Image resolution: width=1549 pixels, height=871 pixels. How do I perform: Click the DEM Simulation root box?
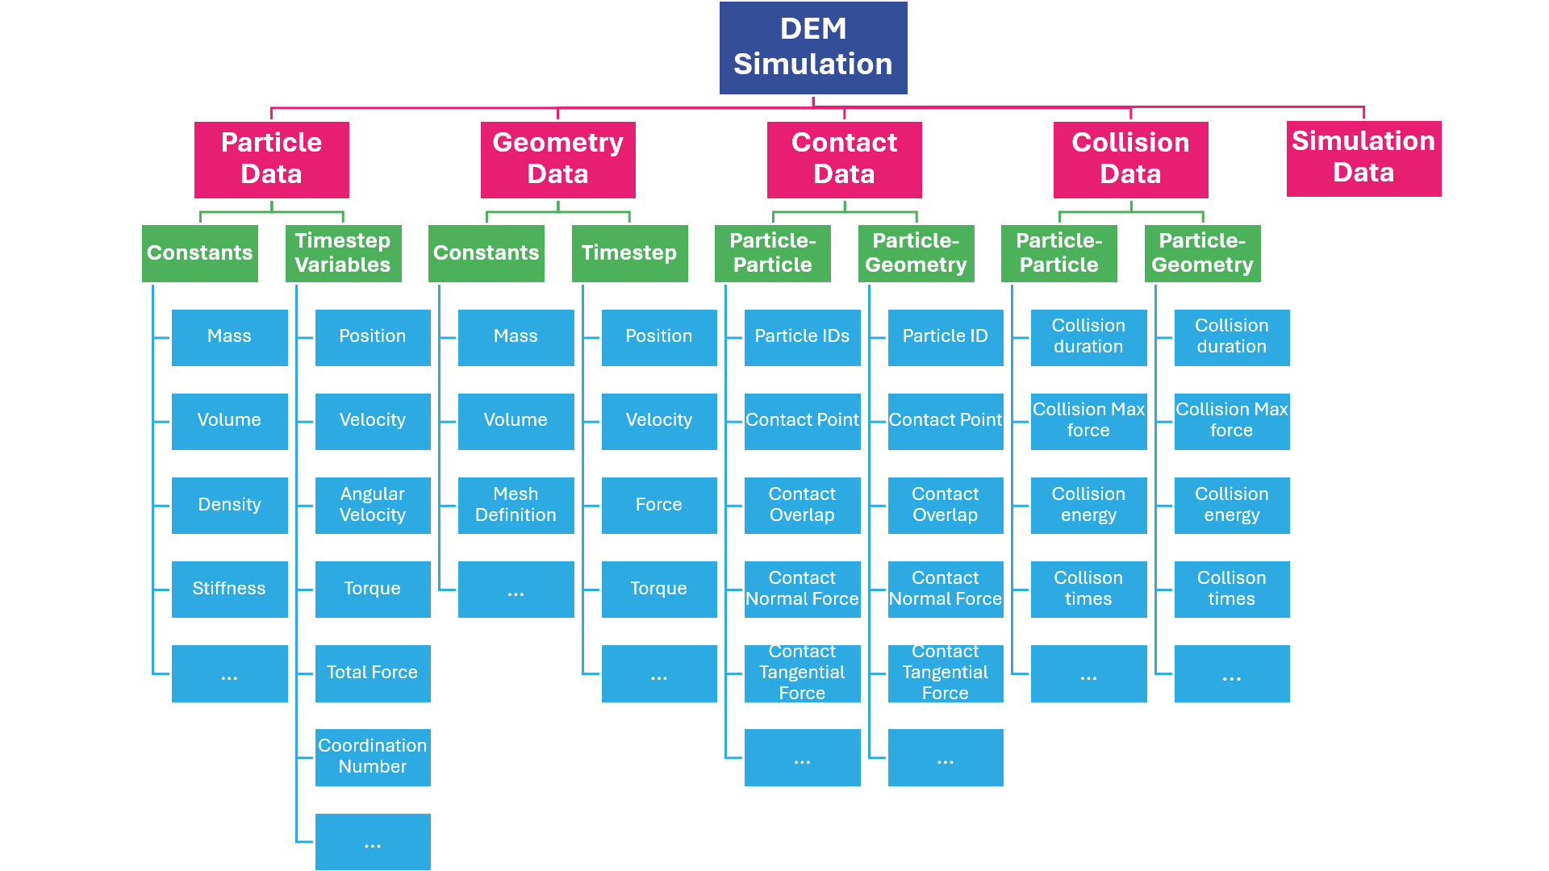813,48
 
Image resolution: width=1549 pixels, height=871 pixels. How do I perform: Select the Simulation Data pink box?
1363,158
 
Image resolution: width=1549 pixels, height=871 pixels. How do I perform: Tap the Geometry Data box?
557,159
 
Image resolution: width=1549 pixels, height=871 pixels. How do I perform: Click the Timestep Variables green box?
343,253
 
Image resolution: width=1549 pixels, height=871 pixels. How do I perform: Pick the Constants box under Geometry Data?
486,253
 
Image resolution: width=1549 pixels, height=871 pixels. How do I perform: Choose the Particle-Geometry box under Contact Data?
916,253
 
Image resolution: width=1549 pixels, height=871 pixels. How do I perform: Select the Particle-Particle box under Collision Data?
1058,253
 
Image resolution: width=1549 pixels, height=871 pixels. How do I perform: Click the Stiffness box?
229,589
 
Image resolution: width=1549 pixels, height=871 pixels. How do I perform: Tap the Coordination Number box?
372,756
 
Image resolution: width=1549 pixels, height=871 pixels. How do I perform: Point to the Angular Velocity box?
372,505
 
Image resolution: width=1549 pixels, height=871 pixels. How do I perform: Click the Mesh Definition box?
516,505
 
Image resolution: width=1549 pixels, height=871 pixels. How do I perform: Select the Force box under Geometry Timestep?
658,505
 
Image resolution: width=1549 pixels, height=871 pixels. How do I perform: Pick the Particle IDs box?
802,337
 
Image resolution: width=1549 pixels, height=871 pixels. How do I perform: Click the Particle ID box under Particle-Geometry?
945,337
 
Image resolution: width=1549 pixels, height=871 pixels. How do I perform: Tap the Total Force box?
372,673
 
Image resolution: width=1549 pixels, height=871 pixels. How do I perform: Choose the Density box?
229,505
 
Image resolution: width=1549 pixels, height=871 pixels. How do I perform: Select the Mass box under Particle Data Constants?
229,337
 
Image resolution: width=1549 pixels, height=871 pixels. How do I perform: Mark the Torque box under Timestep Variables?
372,589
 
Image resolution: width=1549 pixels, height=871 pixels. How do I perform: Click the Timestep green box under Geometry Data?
629,253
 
